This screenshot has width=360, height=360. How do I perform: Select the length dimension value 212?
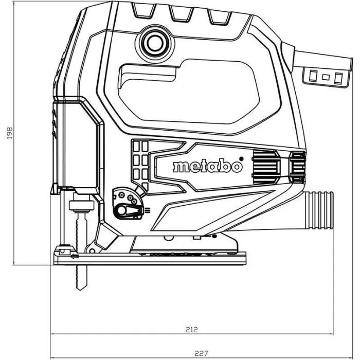[192, 329]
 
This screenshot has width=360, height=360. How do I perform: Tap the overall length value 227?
[201, 353]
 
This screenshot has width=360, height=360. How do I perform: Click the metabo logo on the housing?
[206, 167]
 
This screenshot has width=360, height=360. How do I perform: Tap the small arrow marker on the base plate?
[75, 256]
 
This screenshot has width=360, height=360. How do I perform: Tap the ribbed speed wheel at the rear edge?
[297, 167]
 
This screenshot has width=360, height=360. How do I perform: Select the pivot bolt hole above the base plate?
[168, 238]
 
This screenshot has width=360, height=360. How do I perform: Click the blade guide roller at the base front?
[63, 250]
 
